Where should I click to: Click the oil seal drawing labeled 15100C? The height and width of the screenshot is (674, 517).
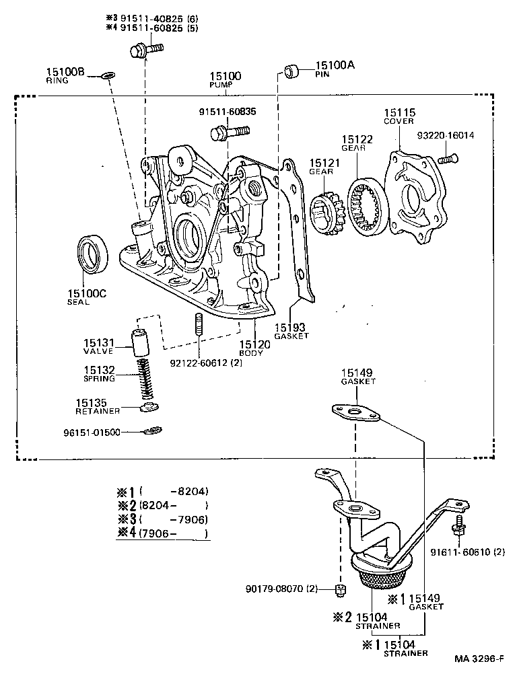(95, 255)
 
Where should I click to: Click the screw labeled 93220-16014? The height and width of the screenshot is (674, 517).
(446, 159)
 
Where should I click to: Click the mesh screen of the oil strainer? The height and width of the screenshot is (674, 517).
(381, 576)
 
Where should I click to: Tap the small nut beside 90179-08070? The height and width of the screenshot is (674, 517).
(341, 591)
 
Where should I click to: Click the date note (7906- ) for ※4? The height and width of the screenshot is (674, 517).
(174, 534)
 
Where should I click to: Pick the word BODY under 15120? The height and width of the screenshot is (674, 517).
(250, 352)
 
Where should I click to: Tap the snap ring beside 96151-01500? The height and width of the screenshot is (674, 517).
(153, 431)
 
